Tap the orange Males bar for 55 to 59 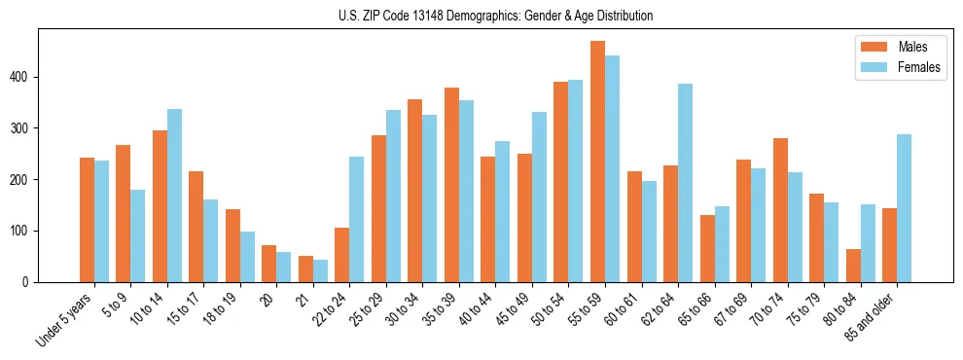pos(597,162)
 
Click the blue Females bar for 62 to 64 pos(685,183)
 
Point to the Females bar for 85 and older pos(904,208)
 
